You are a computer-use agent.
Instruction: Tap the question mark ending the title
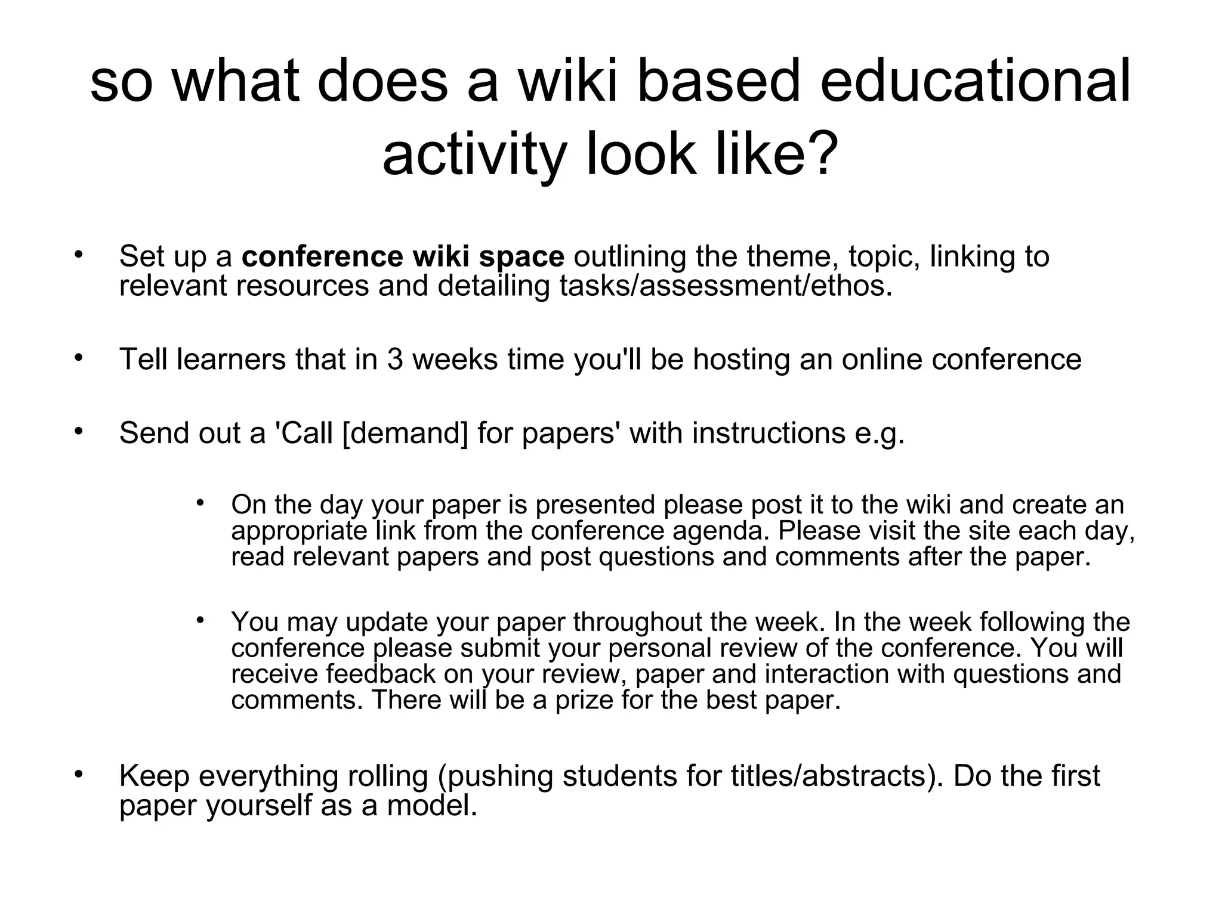816,154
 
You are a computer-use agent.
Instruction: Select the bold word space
521,256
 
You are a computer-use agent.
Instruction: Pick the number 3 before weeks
395,360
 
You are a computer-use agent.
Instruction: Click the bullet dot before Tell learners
78,358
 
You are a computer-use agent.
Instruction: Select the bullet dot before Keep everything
78,775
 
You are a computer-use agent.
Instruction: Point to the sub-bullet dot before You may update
200,620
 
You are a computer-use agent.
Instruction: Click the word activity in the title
473,154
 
